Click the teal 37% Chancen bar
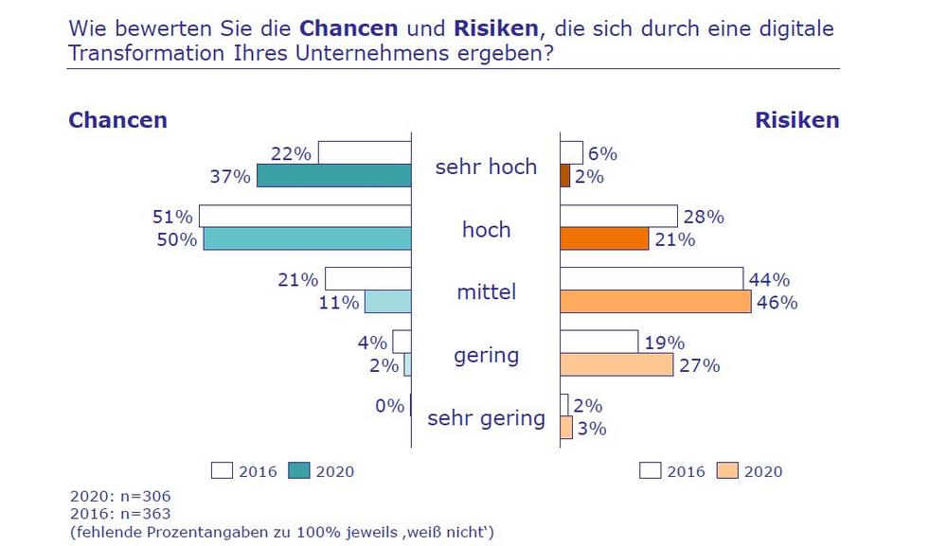coord(333,176)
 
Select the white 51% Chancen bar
coord(305,215)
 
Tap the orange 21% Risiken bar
coord(604,238)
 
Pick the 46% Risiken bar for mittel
coord(655,302)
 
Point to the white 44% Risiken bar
coord(652,279)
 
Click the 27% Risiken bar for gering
coord(616,364)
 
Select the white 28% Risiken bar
coord(619,216)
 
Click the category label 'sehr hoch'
coord(486,167)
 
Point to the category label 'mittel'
coord(486,291)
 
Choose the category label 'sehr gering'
coord(486,418)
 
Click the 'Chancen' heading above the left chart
coord(117,121)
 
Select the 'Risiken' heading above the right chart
coord(796,121)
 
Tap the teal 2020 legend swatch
coord(298,470)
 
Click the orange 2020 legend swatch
coord(727,470)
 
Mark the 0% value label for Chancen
coord(389,406)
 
